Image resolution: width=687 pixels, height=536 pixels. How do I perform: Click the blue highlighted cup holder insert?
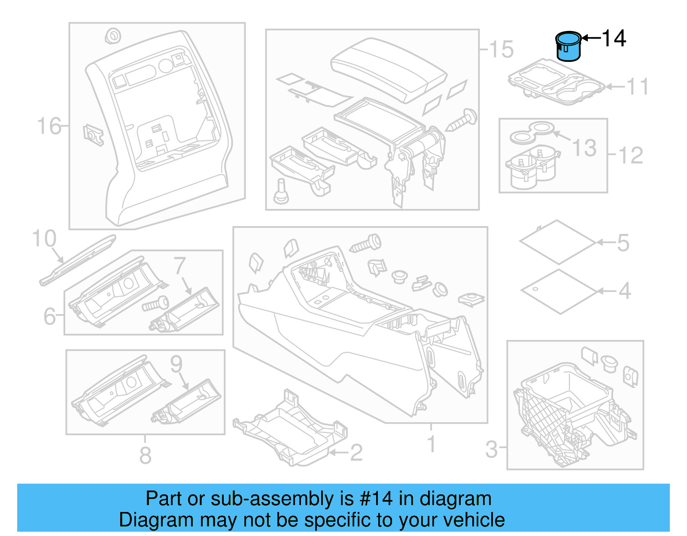click(568, 47)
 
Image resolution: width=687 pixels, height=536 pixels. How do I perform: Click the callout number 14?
click(614, 39)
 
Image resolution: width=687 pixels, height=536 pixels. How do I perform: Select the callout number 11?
click(638, 87)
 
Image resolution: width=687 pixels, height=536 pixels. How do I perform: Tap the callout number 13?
click(584, 148)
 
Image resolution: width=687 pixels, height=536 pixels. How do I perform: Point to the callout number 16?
click(49, 126)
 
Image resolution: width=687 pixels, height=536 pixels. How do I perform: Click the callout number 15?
click(501, 49)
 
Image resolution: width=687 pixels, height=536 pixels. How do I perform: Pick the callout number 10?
click(44, 239)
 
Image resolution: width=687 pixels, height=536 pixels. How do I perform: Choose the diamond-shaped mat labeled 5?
click(558, 242)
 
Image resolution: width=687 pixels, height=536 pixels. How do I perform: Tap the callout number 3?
click(492, 449)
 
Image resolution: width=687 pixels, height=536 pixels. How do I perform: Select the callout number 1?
click(432, 444)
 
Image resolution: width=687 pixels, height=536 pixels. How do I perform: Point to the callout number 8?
click(146, 455)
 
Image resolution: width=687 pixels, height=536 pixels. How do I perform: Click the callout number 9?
click(176, 364)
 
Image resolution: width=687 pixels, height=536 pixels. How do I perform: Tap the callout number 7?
click(180, 266)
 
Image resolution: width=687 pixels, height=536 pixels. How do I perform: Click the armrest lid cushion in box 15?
click(389, 69)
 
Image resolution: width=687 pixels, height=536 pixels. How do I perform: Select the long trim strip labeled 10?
click(77, 260)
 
